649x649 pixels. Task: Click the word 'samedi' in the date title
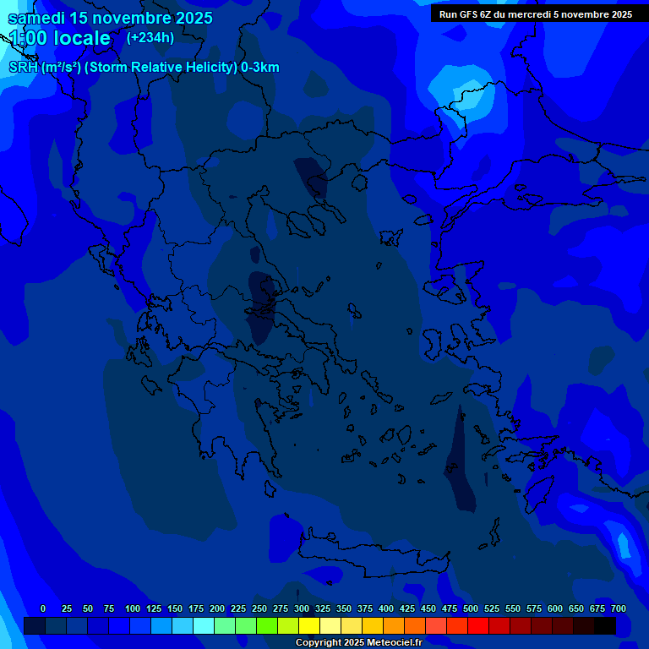coord(36,18)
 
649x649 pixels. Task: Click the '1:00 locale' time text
coord(59,38)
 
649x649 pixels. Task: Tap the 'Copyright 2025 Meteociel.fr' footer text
coord(358,643)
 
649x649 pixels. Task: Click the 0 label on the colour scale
coord(43,608)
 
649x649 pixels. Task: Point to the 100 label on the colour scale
coord(133,608)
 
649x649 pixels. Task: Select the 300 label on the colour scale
coord(302,608)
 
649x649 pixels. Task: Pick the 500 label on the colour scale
coord(471,608)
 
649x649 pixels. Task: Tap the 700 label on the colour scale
coord(619,608)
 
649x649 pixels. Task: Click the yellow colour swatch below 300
coord(309,625)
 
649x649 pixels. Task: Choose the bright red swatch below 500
coord(478,625)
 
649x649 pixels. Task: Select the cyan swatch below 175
coord(204,625)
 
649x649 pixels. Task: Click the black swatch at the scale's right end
coord(605,625)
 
